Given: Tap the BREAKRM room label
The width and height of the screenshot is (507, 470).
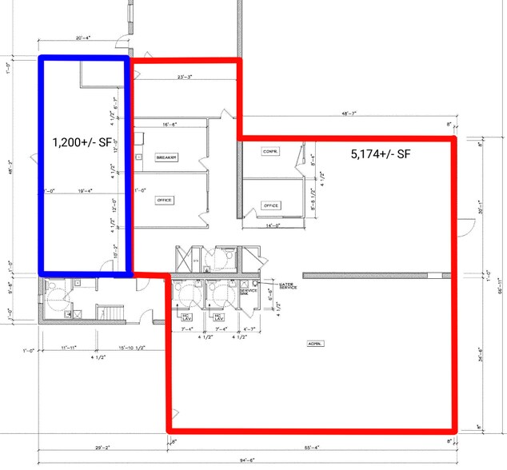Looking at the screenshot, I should point(166,158).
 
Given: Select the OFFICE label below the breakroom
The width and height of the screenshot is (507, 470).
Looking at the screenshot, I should point(165,200).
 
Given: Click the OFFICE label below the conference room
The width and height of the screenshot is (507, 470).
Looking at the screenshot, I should point(271,205).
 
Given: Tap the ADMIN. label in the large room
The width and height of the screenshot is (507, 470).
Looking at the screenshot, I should point(313,344).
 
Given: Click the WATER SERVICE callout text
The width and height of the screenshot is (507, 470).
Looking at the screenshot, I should point(288,285).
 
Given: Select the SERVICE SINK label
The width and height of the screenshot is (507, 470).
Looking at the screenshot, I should point(246,291).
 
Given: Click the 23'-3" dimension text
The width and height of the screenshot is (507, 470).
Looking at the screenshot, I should point(186,78).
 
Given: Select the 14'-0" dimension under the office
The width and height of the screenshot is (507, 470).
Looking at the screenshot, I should point(271,225).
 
